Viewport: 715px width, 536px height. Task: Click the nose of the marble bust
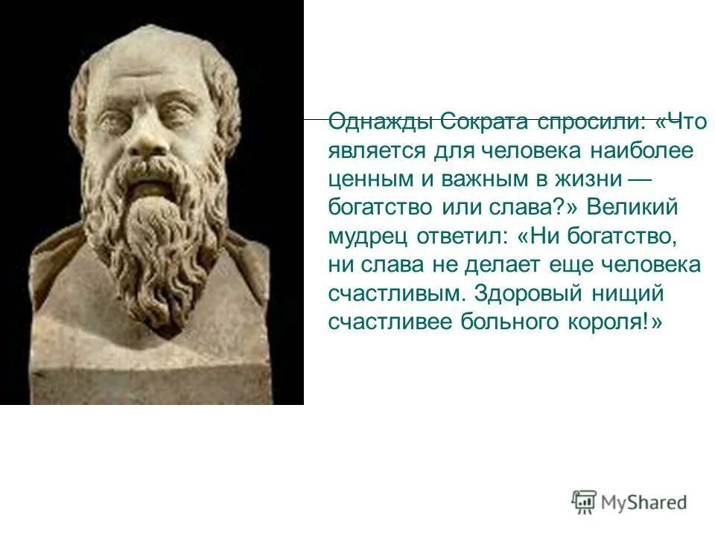point(144,138)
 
